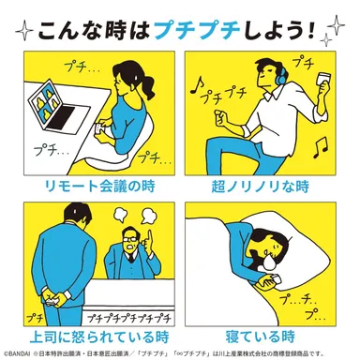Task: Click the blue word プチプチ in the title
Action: [194, 31]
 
